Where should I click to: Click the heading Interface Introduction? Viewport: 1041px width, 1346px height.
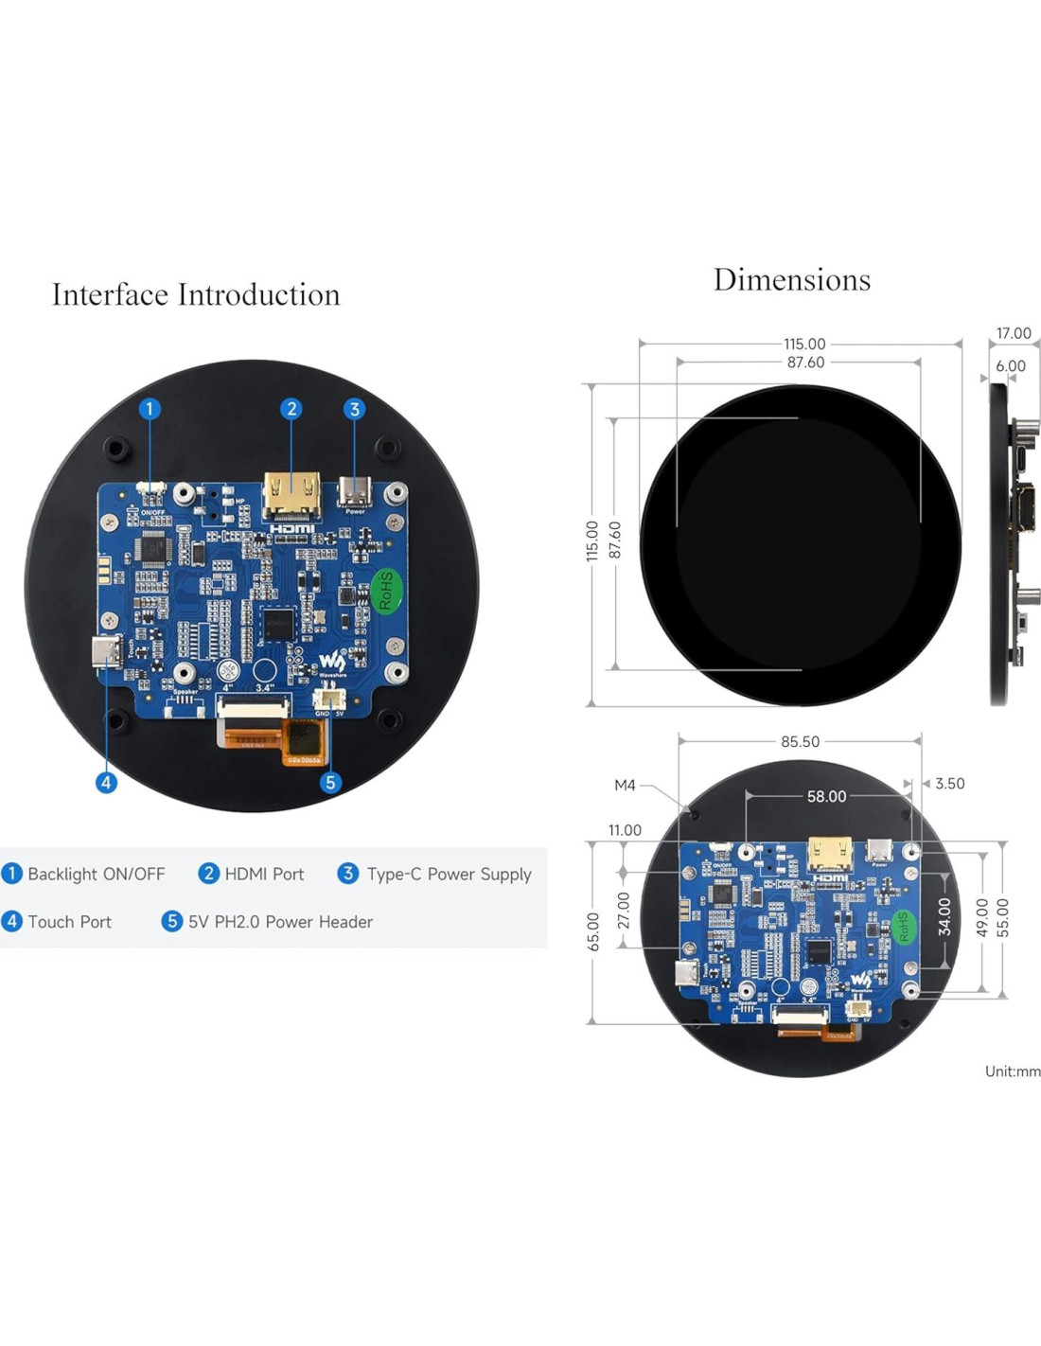coord(196,294)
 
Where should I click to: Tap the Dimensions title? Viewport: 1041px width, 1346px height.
coord(791,279)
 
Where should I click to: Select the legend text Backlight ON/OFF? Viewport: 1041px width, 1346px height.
coord(96,874)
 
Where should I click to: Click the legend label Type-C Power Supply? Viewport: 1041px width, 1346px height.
coord(449,874)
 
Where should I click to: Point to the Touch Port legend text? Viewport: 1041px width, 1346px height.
coord(69,921)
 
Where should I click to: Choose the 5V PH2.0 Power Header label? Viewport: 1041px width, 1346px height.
coord(280,921)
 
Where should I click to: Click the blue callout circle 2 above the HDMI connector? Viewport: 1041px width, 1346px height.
coord(291,409)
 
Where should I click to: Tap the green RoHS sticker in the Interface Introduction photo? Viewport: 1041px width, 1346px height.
coord(385,590)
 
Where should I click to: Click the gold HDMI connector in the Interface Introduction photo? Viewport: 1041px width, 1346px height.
coord(291,496)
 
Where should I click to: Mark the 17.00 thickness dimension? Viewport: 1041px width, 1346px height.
coord(1013,333)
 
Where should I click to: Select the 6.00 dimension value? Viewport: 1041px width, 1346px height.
coord(1010,365)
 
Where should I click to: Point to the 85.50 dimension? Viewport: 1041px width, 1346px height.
coord(800,741)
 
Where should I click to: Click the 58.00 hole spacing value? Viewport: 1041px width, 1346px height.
coord(826,796)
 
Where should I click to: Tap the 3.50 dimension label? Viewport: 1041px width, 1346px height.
coord(949,784)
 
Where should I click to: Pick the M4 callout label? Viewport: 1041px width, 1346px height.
coord(625,785)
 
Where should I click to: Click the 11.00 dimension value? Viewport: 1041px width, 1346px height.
coord(625,830)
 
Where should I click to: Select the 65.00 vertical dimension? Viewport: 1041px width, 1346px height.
coord(593,931)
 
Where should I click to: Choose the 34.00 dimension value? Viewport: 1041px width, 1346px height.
coord(944,917)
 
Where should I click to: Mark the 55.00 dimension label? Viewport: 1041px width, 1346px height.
coord(1003,917)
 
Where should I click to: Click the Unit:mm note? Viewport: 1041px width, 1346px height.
coord(1012,1071)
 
